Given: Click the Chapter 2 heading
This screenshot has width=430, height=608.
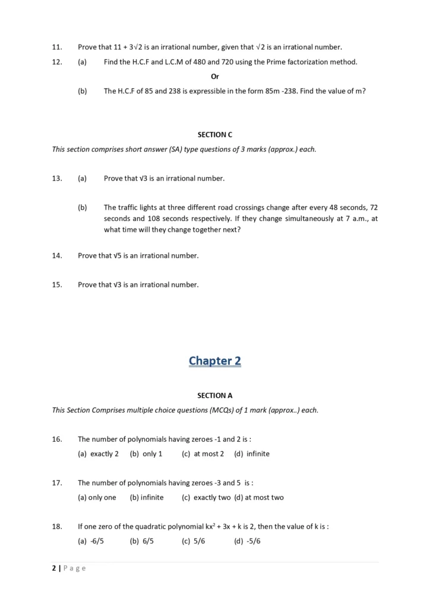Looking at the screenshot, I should pyautogui.click(x=214, y=360).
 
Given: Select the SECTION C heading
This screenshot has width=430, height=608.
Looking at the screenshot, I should pyautogui.click(x=214, y=135).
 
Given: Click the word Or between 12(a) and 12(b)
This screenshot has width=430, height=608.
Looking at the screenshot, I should pyautogui.click(x=215, y=77).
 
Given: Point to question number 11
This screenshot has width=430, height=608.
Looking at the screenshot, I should pyautogui.click(x=57, y=47).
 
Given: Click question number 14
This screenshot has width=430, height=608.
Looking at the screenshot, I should pyautogui.click(x=57, y=255).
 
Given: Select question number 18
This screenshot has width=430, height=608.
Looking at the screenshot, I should pyautogui.click(x=57, y=526).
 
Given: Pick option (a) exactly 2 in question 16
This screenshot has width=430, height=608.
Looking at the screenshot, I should pyautogui.click(x=99, y=454).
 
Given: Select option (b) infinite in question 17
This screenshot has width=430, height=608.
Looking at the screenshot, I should pyautogui.click(x=147, y=498).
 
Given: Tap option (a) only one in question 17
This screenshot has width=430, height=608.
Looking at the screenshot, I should pyautogui.click(x=97, y=498).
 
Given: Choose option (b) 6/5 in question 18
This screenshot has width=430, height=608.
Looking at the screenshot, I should pyautogui.click(x=141, y=541).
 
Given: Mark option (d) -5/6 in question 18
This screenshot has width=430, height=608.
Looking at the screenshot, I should pyautogui.click(x=248, y=541).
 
